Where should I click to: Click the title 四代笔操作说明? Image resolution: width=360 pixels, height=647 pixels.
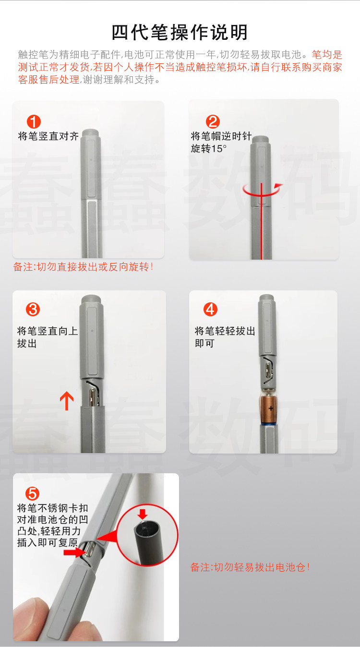(x=180, y=32)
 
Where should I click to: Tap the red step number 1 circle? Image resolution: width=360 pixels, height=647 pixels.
(x=34, y=121)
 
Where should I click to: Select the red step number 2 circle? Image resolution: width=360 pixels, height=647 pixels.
(x=213, y=121)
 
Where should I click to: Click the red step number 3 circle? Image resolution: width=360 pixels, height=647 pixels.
(x=33, y=310)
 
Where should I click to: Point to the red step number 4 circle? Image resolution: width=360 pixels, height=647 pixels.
(x=210, y=310)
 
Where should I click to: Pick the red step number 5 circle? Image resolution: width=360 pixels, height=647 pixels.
(x=32, y=493)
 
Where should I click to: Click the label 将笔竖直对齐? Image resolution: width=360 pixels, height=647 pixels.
(x=48, y=136)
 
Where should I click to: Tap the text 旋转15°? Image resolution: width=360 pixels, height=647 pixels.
(x=208, y=148)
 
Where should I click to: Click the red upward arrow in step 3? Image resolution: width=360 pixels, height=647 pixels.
(x=67, y=401)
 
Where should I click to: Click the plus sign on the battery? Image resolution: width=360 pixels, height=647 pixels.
(x=271, y=408)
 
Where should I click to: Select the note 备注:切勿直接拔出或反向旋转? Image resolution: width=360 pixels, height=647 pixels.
(x=83, y=267)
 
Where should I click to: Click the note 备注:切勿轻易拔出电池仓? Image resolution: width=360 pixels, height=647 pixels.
(x=250, y=567)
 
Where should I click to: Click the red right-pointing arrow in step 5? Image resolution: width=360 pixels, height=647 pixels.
(x=74, y=552)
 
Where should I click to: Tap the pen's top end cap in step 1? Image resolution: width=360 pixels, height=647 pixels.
(x=90, y=133)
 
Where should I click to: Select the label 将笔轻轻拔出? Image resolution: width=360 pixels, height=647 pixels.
(x=225, y=331)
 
